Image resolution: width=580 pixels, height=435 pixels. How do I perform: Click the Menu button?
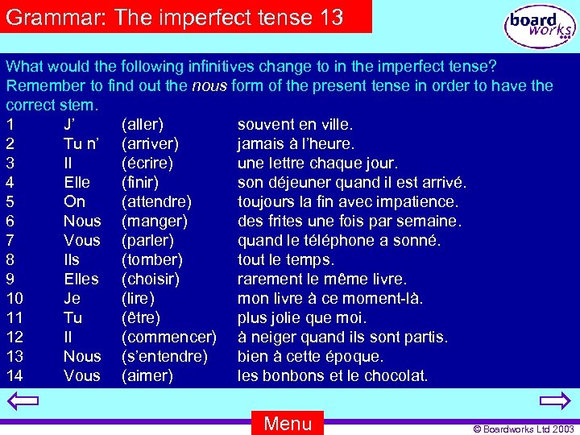(288, 423)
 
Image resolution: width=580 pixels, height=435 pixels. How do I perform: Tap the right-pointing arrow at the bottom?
(554, 400)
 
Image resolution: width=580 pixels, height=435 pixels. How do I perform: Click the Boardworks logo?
(540, 27)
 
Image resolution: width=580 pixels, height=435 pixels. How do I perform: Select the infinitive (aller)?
(143, 124)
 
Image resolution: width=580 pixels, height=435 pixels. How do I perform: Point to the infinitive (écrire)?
(147, 163)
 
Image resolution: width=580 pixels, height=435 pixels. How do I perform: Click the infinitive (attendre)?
(156, 201)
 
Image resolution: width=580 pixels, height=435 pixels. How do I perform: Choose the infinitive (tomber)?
(151, 259)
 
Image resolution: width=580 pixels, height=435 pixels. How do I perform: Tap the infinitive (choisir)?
(151, 279)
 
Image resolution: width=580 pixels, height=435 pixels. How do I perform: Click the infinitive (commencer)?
(168, 337)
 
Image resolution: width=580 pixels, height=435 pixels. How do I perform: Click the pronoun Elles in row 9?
(81, 279)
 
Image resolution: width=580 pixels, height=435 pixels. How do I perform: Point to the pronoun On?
(74, 201)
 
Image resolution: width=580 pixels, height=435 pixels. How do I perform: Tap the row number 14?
(14, 375)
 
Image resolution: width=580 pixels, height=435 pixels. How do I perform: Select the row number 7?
(10, 240)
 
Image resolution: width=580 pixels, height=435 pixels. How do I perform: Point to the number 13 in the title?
(332, 17)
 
